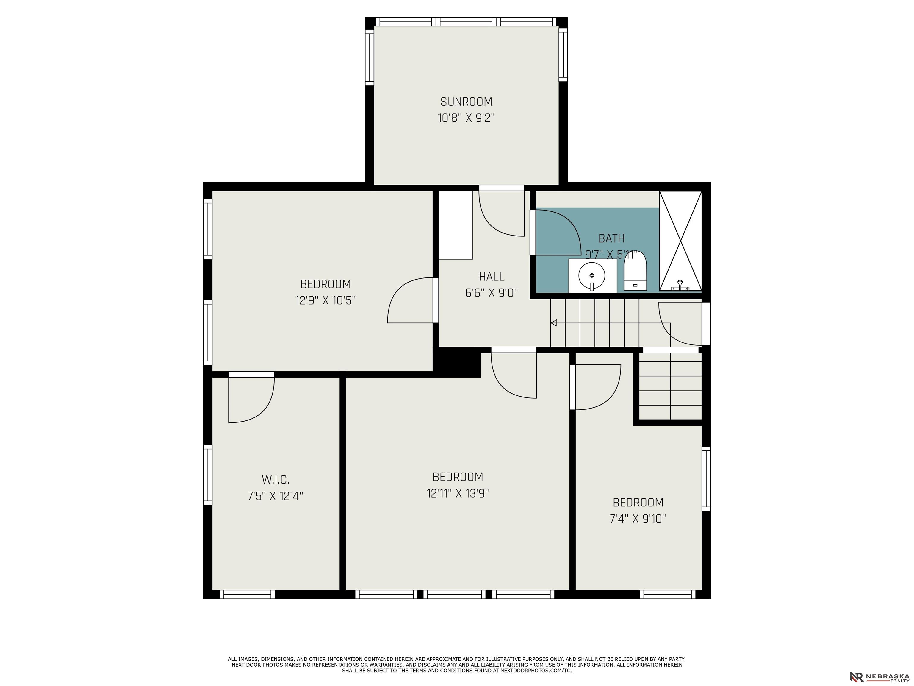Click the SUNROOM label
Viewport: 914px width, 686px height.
(466, 102)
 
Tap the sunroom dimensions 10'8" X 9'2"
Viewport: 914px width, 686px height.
(466, 118)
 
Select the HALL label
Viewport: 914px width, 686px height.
(492, 277)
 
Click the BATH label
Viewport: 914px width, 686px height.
(611, 238)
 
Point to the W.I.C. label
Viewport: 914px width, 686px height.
(276, 480)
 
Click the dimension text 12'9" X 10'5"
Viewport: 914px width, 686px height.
(325, 300)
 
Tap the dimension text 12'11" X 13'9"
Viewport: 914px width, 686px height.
(458, 493)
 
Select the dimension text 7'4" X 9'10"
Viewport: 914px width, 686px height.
(638, 519)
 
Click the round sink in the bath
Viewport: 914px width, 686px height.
(592, 275)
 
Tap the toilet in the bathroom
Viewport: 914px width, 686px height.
(635, 271)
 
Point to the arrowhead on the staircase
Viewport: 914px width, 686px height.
(554, 323)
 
